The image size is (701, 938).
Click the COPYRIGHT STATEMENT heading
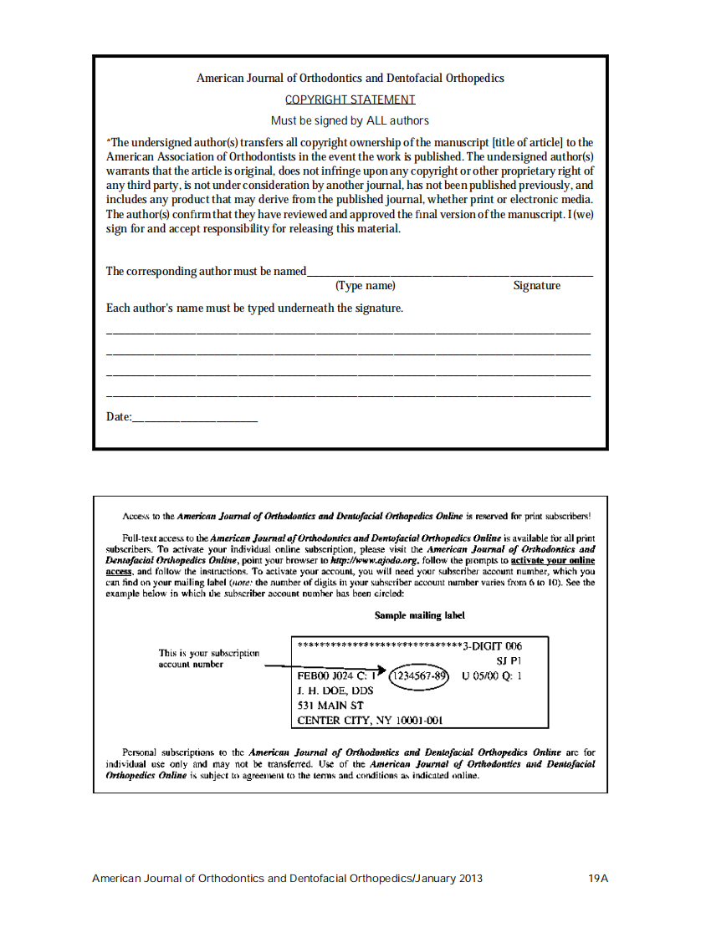(x=350, y=100)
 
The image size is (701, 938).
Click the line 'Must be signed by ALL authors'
(x=350, y=121)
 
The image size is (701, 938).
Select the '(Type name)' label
(x=365, y=286)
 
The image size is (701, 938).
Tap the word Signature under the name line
(x=536, y=286)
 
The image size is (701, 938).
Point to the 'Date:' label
(x=119, y=416)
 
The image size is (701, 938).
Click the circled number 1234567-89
(x=420, y=675)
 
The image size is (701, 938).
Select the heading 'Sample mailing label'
(x=419, y=615)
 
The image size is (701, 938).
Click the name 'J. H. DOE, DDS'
(x=335, y=691)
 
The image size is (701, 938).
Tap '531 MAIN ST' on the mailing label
(x=330, y=705)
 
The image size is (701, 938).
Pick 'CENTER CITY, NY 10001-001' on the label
(x=370, y=720)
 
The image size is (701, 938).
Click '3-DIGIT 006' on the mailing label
(x=492, y=646)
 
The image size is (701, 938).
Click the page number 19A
(x=597, y=879)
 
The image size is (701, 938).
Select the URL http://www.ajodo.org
(x=369, y=560)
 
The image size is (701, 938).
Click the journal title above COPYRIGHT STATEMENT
(x=350, y=79)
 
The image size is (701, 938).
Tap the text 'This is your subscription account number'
(x=208, y=658)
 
